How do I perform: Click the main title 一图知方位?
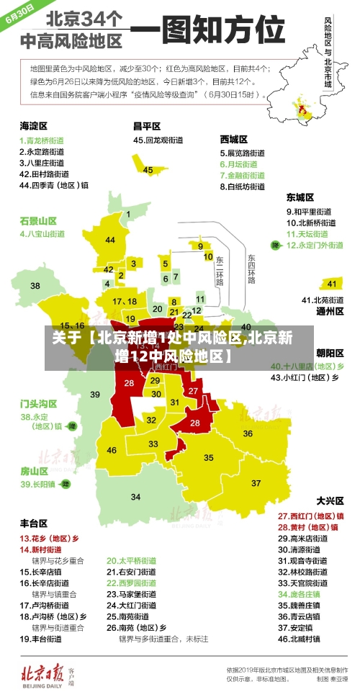tap(207, 32)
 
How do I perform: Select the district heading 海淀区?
tap(34, 126)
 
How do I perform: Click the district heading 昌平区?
tap(148, 126)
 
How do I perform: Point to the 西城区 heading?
tap(234, 139)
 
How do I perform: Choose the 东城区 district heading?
tap(300, 197)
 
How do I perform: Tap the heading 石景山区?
tap(38, 220)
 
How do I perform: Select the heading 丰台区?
tap(34, 523)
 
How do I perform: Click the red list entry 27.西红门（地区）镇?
tap(310, 516)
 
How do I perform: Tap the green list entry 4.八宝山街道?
tap(42, 234)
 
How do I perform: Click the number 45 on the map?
tap(148, 170)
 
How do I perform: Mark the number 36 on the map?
tap(248, 433)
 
